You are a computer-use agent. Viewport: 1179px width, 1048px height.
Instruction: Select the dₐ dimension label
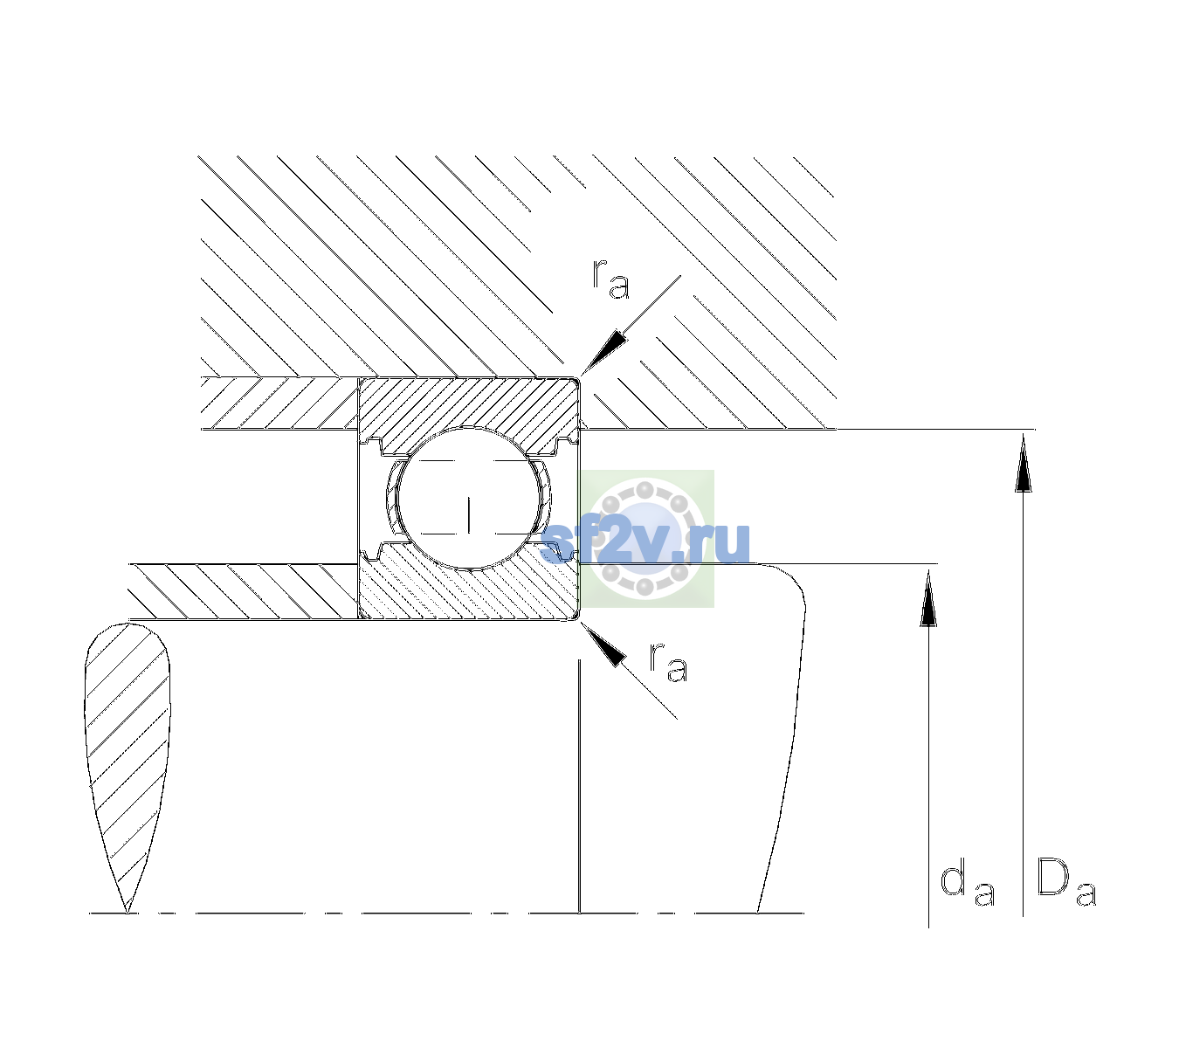[x=967, y=882]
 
